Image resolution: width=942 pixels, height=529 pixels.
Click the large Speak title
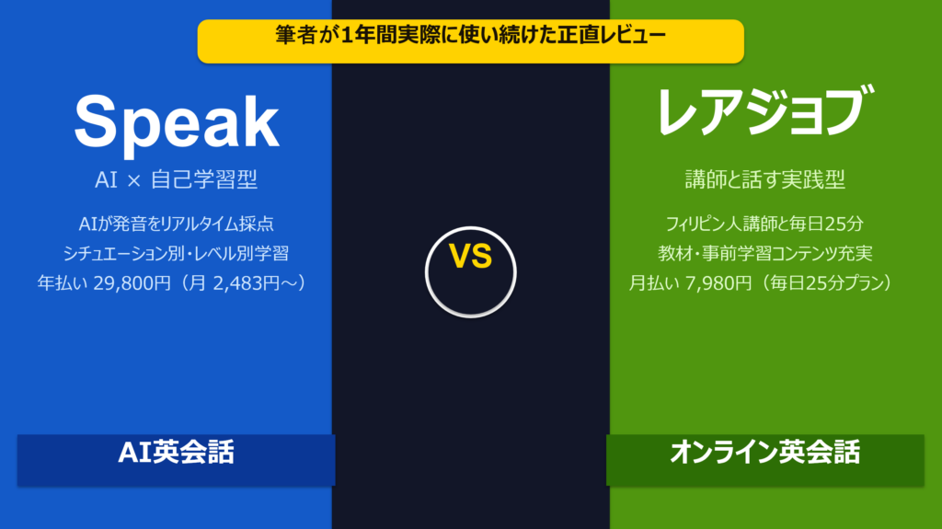pos(176,123)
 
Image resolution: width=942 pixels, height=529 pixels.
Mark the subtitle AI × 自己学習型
pos(176,179)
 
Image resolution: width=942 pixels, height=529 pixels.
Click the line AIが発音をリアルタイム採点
pos(176,223)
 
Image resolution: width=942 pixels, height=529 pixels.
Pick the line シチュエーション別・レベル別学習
pos(176,253)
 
